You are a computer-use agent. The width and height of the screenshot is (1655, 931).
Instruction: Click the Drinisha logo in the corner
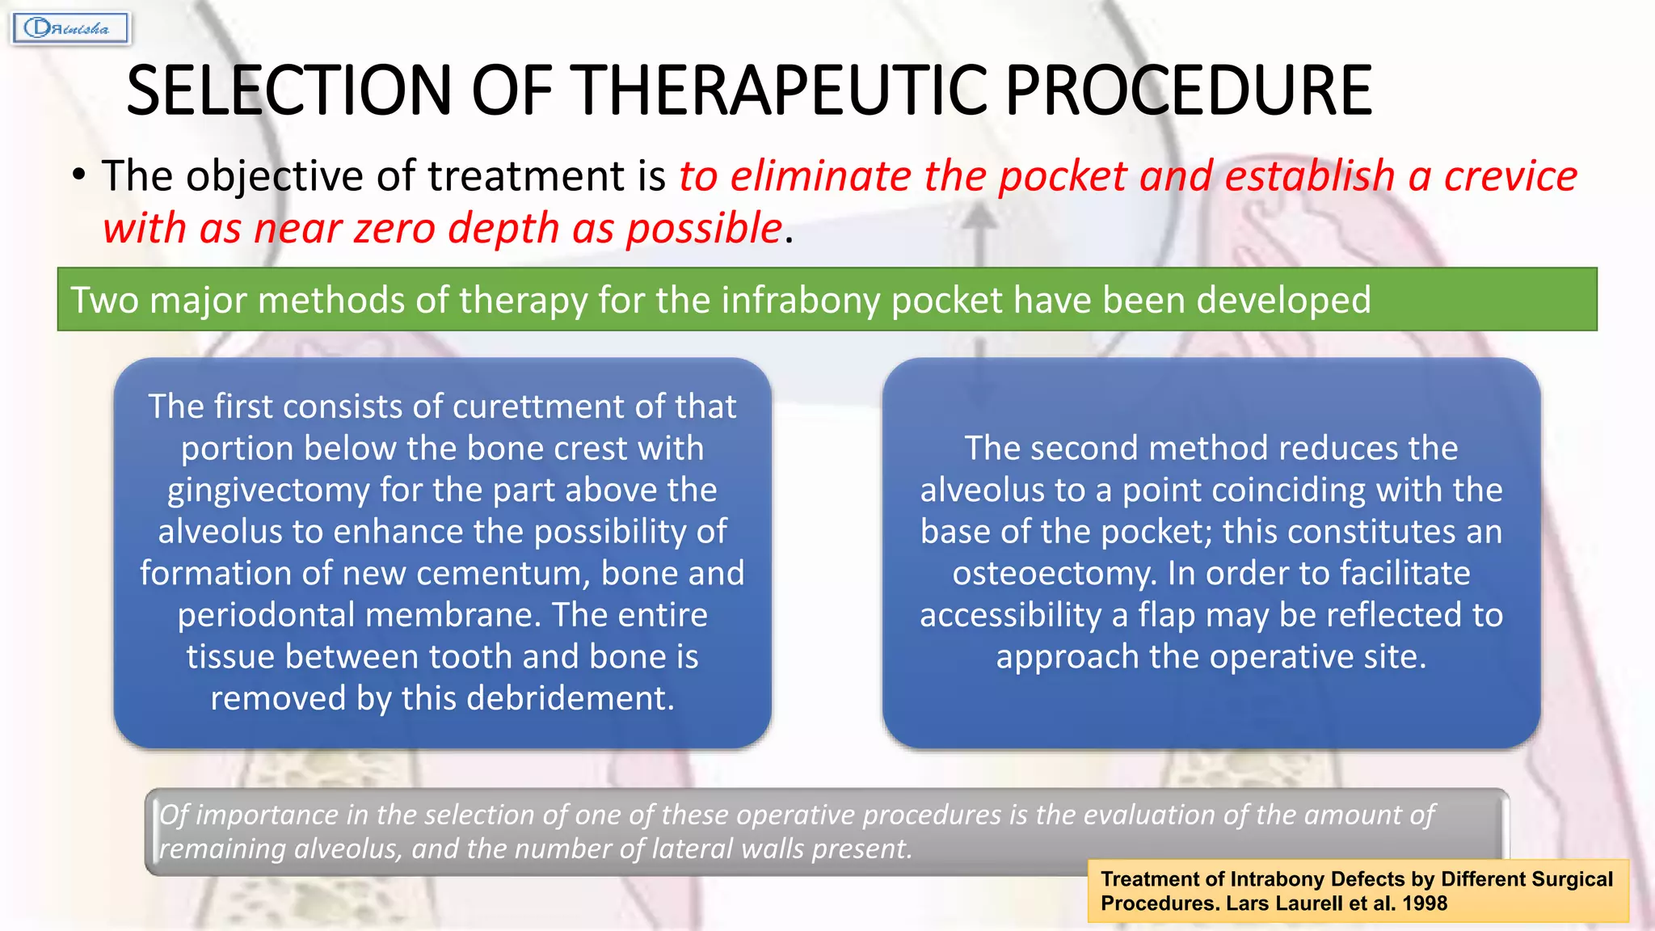(70, 28)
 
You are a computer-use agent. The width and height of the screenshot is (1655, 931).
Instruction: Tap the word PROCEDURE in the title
(1188, 91)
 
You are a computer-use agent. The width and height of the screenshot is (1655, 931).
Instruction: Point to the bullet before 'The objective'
(78, 175)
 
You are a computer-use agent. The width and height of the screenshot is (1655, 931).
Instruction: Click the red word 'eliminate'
(820, 176)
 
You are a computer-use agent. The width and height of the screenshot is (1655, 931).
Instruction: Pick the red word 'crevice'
(1510, 176)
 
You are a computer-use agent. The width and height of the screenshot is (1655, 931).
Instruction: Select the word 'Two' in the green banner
(104, 300)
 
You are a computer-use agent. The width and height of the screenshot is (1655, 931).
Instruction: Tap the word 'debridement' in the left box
(568, 698)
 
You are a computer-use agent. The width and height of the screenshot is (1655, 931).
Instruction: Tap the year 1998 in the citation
(1425, 904)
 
